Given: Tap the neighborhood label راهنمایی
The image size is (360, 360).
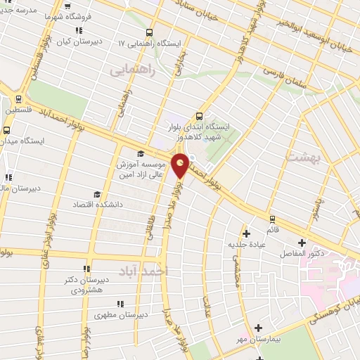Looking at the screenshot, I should coord(131,70).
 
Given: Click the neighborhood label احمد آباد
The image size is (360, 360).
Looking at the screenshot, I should coord(143,271).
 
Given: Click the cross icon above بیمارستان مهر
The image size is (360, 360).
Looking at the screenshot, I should coord(259,328).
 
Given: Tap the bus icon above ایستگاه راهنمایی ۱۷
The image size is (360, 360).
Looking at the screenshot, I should coord(149,32).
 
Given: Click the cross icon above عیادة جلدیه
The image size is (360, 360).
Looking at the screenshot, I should coord(246,233).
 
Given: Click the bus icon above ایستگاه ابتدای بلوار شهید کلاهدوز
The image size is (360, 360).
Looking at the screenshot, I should coord(199,116).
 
